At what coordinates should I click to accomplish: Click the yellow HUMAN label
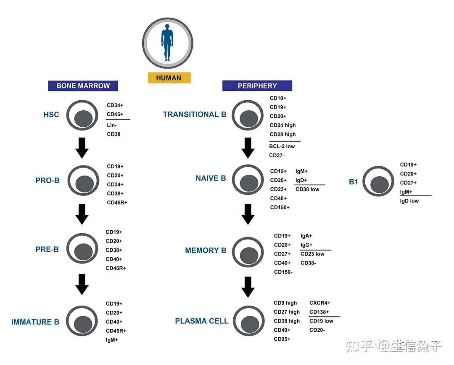169,78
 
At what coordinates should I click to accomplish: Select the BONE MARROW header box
83,86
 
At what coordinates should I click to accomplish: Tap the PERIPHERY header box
257,86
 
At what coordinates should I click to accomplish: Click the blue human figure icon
167,43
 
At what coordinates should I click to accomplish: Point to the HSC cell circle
82,115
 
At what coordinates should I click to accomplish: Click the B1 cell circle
379,181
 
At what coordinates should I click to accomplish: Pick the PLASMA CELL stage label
202,321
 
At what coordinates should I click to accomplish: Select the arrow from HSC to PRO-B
82,147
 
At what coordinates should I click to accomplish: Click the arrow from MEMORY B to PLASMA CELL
248,286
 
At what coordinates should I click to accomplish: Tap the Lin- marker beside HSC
112,125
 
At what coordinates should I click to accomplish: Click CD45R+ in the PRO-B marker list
117,202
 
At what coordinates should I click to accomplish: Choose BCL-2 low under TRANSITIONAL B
282,146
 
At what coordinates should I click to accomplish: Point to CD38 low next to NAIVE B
307,189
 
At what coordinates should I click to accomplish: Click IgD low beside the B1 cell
409,201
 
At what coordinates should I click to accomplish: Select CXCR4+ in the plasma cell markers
320,303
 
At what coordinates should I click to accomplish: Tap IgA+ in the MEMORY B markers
306,236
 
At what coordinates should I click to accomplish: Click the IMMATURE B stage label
35,322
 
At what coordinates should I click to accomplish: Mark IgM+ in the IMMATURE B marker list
112,339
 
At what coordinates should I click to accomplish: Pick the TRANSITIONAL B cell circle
248,115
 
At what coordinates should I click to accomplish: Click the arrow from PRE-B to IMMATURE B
82,284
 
